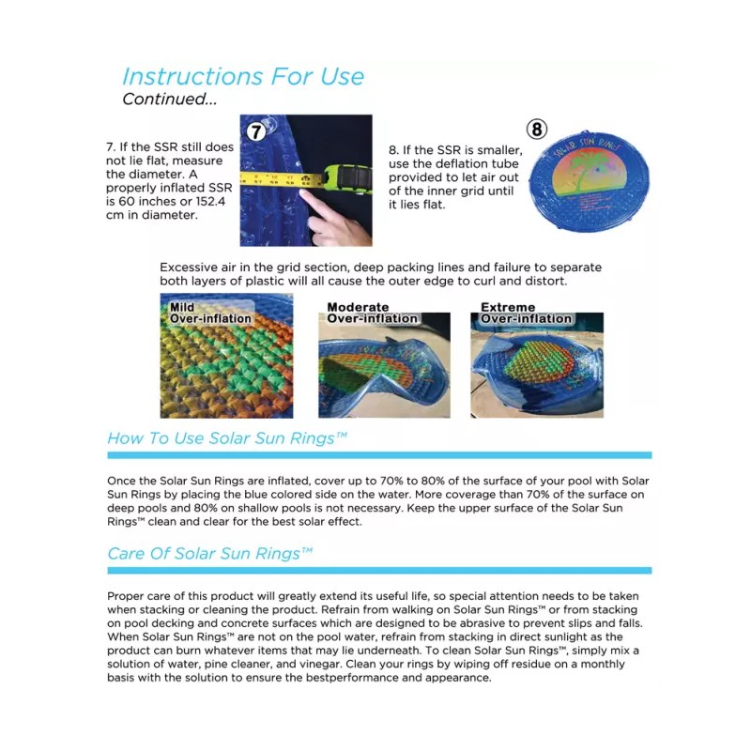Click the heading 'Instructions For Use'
coord(243,76)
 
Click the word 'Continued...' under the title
coord(170,99)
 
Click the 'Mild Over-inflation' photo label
coord(210,313)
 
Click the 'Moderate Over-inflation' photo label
coord(372,313)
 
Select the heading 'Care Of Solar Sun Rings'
coord(210,553)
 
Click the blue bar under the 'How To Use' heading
coord(378,454)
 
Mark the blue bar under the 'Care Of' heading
coord(378,570)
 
